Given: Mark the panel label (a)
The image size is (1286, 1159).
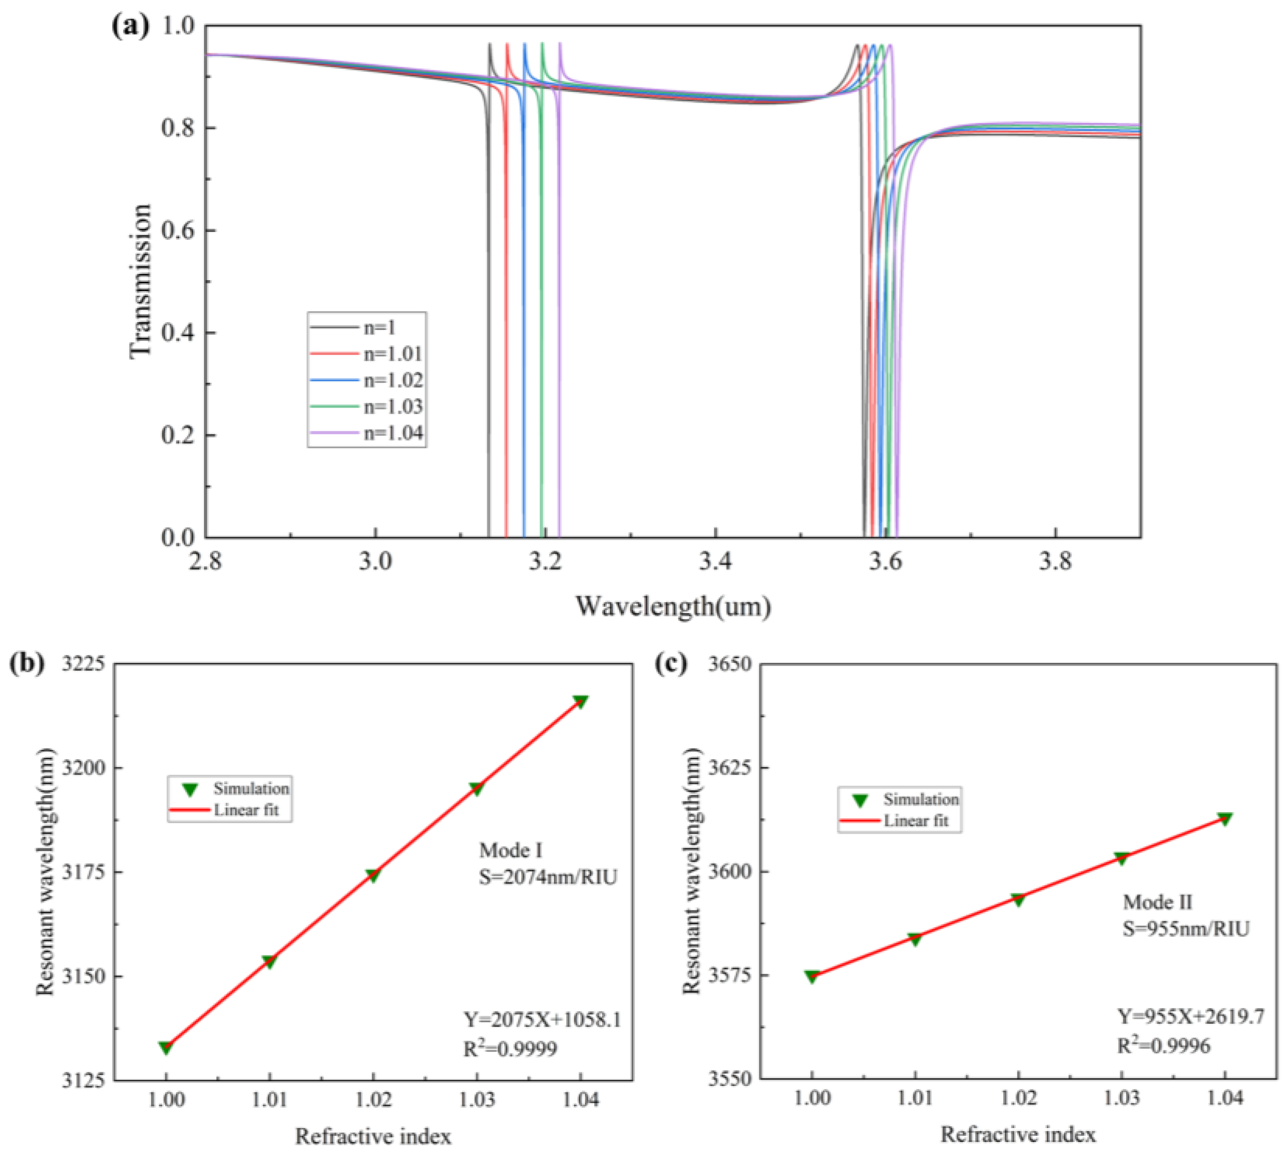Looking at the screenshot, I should (x=130, y=27).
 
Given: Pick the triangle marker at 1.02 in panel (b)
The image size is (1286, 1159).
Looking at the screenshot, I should (x=373, y=876).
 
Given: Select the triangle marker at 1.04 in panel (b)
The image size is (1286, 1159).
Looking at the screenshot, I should (x=580, y=702).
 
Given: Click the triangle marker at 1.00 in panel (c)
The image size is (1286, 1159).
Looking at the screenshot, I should (x=811, y=976).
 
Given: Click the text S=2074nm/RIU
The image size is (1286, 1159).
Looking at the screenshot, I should (x=548, y=877).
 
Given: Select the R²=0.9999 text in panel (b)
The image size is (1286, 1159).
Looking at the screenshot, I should (x=510, y=1048).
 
